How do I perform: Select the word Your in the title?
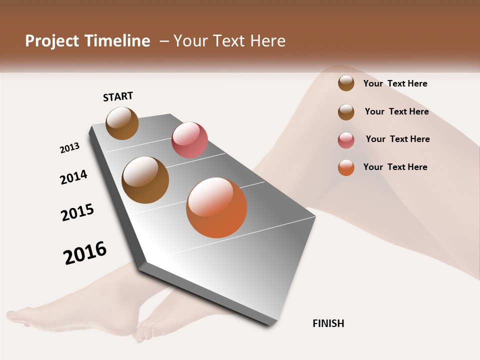[189, 41]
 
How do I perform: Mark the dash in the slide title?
[163, 41]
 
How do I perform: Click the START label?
[118, 96]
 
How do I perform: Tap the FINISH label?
[328, 323]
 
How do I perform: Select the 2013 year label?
[69, 148]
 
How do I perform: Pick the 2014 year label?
[73, 177]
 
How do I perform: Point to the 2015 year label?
[77, 212]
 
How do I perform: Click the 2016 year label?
[85, 253]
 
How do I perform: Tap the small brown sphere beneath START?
[122, 123]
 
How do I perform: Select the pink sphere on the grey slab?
[189, 140]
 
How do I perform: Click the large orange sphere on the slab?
[216, 207]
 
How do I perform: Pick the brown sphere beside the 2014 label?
[145, 180]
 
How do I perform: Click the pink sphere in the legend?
[346, 140]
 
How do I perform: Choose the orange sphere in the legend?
[346, 168]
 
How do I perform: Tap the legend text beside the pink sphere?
[397, 139]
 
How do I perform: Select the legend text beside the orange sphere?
[395, 167]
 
